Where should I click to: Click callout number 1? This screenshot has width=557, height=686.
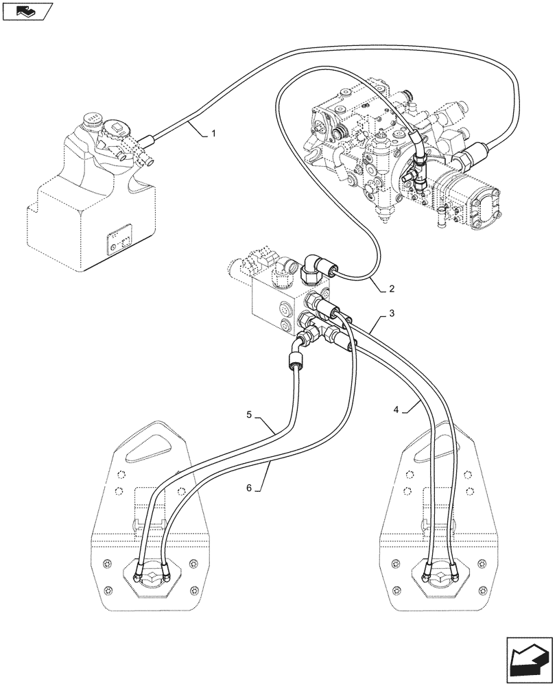[x=213, y=133]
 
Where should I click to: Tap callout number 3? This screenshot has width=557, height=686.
[x=392, y=314]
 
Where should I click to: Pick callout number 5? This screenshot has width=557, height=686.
[x=250, y=414]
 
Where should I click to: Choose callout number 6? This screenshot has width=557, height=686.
[x=250, y=488]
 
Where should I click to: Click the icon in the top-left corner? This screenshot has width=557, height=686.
[x=27, y=11]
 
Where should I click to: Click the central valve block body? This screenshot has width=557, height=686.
[x=275, y=302]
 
